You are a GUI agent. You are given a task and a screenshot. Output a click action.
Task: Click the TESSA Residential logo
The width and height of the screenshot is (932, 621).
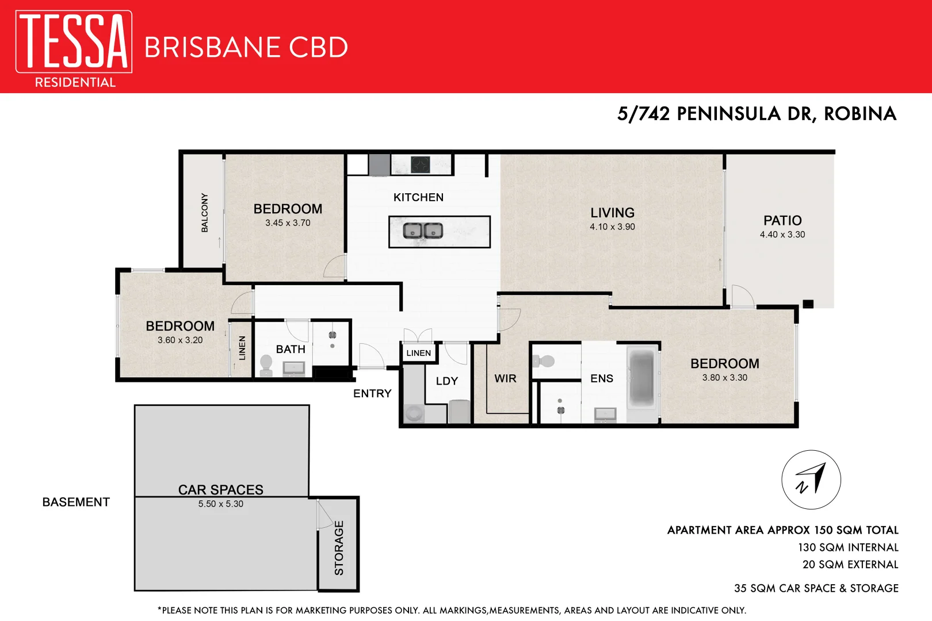[x=74, y=48]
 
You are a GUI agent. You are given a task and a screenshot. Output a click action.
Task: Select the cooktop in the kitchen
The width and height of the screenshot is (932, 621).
[x=421, y=165]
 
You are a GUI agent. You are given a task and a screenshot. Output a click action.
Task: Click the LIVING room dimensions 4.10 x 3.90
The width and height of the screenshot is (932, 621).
[x=612, y=227]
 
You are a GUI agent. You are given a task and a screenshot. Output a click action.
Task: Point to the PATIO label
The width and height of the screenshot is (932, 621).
[x=782, y=221]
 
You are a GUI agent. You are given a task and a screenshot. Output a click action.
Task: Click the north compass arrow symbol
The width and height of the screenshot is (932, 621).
[x=811, y=480]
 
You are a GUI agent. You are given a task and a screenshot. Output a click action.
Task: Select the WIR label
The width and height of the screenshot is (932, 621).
[x=505, y=379]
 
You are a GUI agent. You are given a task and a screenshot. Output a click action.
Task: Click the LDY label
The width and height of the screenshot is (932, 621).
[x=447, y=381]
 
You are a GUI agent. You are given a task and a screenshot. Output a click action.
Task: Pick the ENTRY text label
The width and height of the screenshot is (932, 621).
[x=372, y=394]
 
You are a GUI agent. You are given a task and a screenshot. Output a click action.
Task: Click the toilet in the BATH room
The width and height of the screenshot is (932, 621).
[x=266, y=365]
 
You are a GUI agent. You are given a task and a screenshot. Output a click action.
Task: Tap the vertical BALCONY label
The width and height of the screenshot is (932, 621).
[x=205, y=213]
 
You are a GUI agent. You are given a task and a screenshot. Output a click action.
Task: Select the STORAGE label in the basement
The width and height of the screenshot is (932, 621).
[x=339, y=548]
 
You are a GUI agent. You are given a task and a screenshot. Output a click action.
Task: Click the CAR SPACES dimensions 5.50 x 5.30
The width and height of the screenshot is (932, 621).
[x=221, y=504]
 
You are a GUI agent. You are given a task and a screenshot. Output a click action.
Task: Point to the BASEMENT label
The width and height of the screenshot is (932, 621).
[x=76, y=503]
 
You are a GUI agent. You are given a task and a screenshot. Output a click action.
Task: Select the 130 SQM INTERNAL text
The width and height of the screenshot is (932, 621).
[x=847, y=548]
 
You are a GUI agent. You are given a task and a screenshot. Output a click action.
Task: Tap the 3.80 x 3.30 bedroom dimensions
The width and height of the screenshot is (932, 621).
[x=724, y=378]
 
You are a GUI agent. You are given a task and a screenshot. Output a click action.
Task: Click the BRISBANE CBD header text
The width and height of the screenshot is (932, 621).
[x=246, y=48]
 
